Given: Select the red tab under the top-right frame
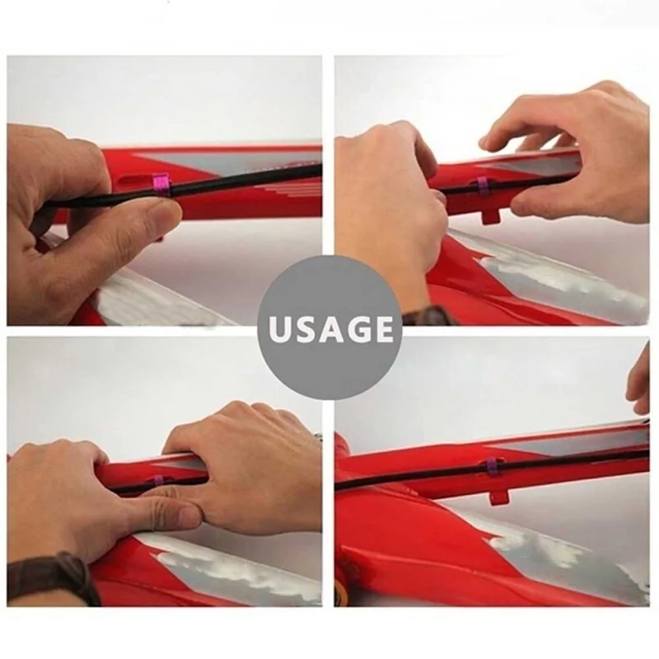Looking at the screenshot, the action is [x=489, y=217].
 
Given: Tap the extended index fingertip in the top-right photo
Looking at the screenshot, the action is [x=488, y=143].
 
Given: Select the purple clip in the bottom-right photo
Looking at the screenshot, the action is [x=489, y=464].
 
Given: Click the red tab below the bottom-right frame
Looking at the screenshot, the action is [x=498, y=497].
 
